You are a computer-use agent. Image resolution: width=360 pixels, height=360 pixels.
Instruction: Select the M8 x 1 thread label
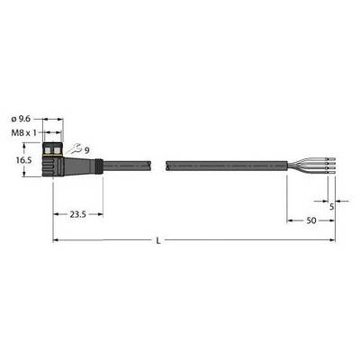(x=23, y=133)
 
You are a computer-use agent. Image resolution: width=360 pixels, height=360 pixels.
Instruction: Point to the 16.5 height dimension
(x=23, y=160)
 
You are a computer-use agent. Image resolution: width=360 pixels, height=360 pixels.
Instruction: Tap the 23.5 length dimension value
(x=78, y=214)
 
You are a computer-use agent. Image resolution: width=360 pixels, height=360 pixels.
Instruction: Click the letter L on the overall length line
(x=158, y=241)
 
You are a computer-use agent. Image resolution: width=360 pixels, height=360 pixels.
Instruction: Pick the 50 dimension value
(x=311, y=220)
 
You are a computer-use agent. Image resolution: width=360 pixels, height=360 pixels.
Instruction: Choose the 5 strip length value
(x=331, y=207)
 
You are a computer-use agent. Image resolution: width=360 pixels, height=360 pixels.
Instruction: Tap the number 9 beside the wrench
(x=86, y=150)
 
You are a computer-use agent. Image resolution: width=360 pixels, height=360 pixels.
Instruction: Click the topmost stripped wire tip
(x=331, y=158)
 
